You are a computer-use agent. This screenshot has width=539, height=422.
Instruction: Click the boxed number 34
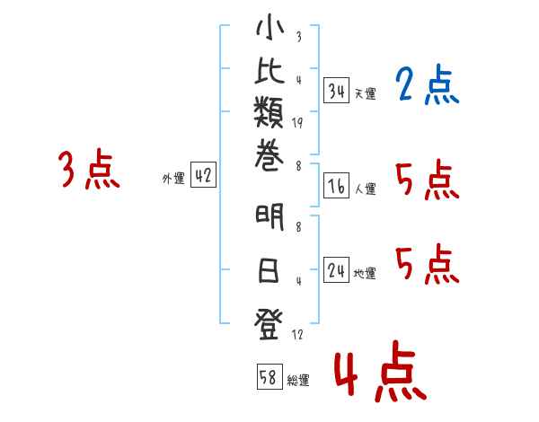pos(336,92)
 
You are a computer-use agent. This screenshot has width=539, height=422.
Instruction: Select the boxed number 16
pos(336,187)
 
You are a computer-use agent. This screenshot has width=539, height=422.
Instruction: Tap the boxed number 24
pos(336,271)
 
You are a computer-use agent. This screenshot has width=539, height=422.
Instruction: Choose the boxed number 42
pos(203,177)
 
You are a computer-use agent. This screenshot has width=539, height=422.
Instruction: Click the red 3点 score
pos(89,170)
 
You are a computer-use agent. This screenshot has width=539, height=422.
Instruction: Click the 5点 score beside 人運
pos(427,182)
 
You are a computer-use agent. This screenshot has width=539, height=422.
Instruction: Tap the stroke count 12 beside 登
pos(297,335)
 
